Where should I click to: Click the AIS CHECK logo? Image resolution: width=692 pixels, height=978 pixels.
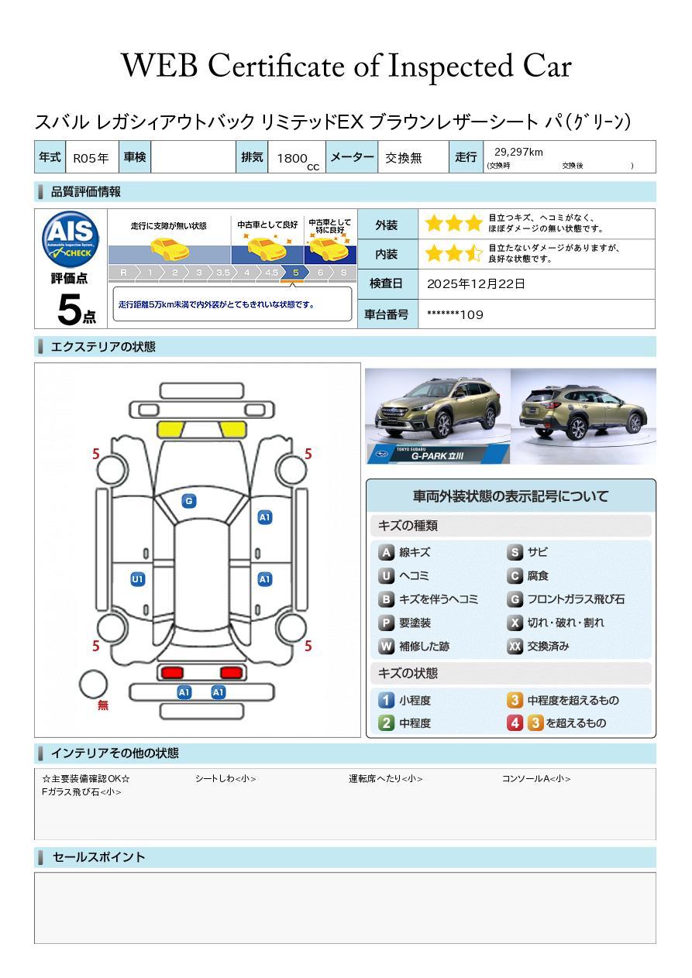(x=71, y=238)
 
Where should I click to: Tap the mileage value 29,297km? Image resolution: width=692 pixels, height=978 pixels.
(x=518, y=152)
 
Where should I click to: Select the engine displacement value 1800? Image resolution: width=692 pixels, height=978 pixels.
(x=292, y=158)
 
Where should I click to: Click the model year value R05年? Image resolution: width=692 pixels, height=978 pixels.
(x=91, y=158)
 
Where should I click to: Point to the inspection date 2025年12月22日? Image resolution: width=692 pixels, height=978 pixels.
(x=476, y=283)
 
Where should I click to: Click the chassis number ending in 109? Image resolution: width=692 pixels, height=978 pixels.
(x=455, y=314)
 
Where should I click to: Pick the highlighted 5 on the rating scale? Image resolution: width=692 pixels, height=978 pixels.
(x=296, y=273)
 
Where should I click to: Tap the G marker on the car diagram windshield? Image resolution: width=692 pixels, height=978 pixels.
(x=189, y=501)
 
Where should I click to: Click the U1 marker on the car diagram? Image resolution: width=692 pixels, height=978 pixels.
(x=138, y=579)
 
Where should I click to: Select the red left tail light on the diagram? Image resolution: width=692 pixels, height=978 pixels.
(x=172, y=672)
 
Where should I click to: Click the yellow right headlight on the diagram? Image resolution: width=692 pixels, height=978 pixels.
(x=233, y=430)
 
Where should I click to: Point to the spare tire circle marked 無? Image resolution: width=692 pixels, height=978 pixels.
(x=93, y=685)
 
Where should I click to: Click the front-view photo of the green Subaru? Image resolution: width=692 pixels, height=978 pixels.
(x=438, y=416)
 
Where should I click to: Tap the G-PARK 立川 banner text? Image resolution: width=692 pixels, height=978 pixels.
(x=437, y=456)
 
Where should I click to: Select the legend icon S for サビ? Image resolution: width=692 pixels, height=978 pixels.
(x=515, y=552)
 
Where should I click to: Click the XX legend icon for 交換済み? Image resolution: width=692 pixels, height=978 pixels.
(x=515, y=646)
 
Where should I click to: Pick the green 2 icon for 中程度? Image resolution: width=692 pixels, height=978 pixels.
(x=386, y=723)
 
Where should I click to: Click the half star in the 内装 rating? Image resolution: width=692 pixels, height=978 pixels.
(x=473, y=253)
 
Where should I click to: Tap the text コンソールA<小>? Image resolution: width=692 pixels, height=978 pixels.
(x=536, y=778)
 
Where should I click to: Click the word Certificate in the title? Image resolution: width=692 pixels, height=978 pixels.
(x=276, y=66)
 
